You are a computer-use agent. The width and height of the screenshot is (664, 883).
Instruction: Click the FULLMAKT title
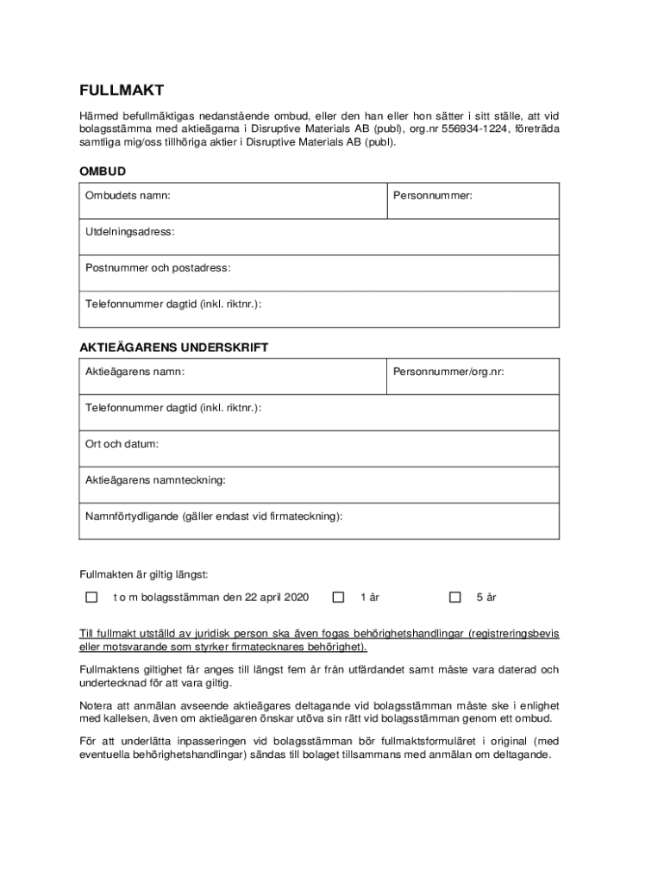coord(122,91)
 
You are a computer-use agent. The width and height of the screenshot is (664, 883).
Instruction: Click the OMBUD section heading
coord(103,172)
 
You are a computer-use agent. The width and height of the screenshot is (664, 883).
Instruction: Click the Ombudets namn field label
coord(128,196)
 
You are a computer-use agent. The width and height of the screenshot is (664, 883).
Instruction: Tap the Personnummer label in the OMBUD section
coord(433,196)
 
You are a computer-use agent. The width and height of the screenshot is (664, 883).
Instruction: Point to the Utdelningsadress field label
coord(129,232)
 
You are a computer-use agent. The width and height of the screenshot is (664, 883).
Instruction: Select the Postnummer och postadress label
coord(158,268)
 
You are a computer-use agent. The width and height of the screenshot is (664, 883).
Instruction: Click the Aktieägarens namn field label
coord(135,372)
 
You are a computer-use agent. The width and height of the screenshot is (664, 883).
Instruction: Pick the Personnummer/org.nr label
coord(448,372)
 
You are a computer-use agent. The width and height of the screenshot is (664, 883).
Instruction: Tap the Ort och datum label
coord(122,444)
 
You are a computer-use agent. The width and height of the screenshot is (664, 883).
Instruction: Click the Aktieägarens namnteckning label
coord(155,479)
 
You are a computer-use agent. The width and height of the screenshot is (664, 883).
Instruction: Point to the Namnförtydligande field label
coord(213,516)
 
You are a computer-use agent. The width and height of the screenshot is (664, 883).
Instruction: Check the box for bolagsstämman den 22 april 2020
coord(91,597)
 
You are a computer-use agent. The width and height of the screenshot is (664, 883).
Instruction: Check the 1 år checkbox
coord(338,597)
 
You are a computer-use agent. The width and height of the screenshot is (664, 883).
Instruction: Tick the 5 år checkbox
coord(455,597)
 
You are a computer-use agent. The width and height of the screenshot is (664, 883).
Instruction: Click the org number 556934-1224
coord(474,129)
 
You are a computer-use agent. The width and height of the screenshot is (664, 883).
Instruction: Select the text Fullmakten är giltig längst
coord(143,573)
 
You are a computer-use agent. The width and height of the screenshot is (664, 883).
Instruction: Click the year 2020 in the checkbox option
coord(295,597)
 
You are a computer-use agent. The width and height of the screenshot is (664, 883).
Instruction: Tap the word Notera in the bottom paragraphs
coord(97,705)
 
